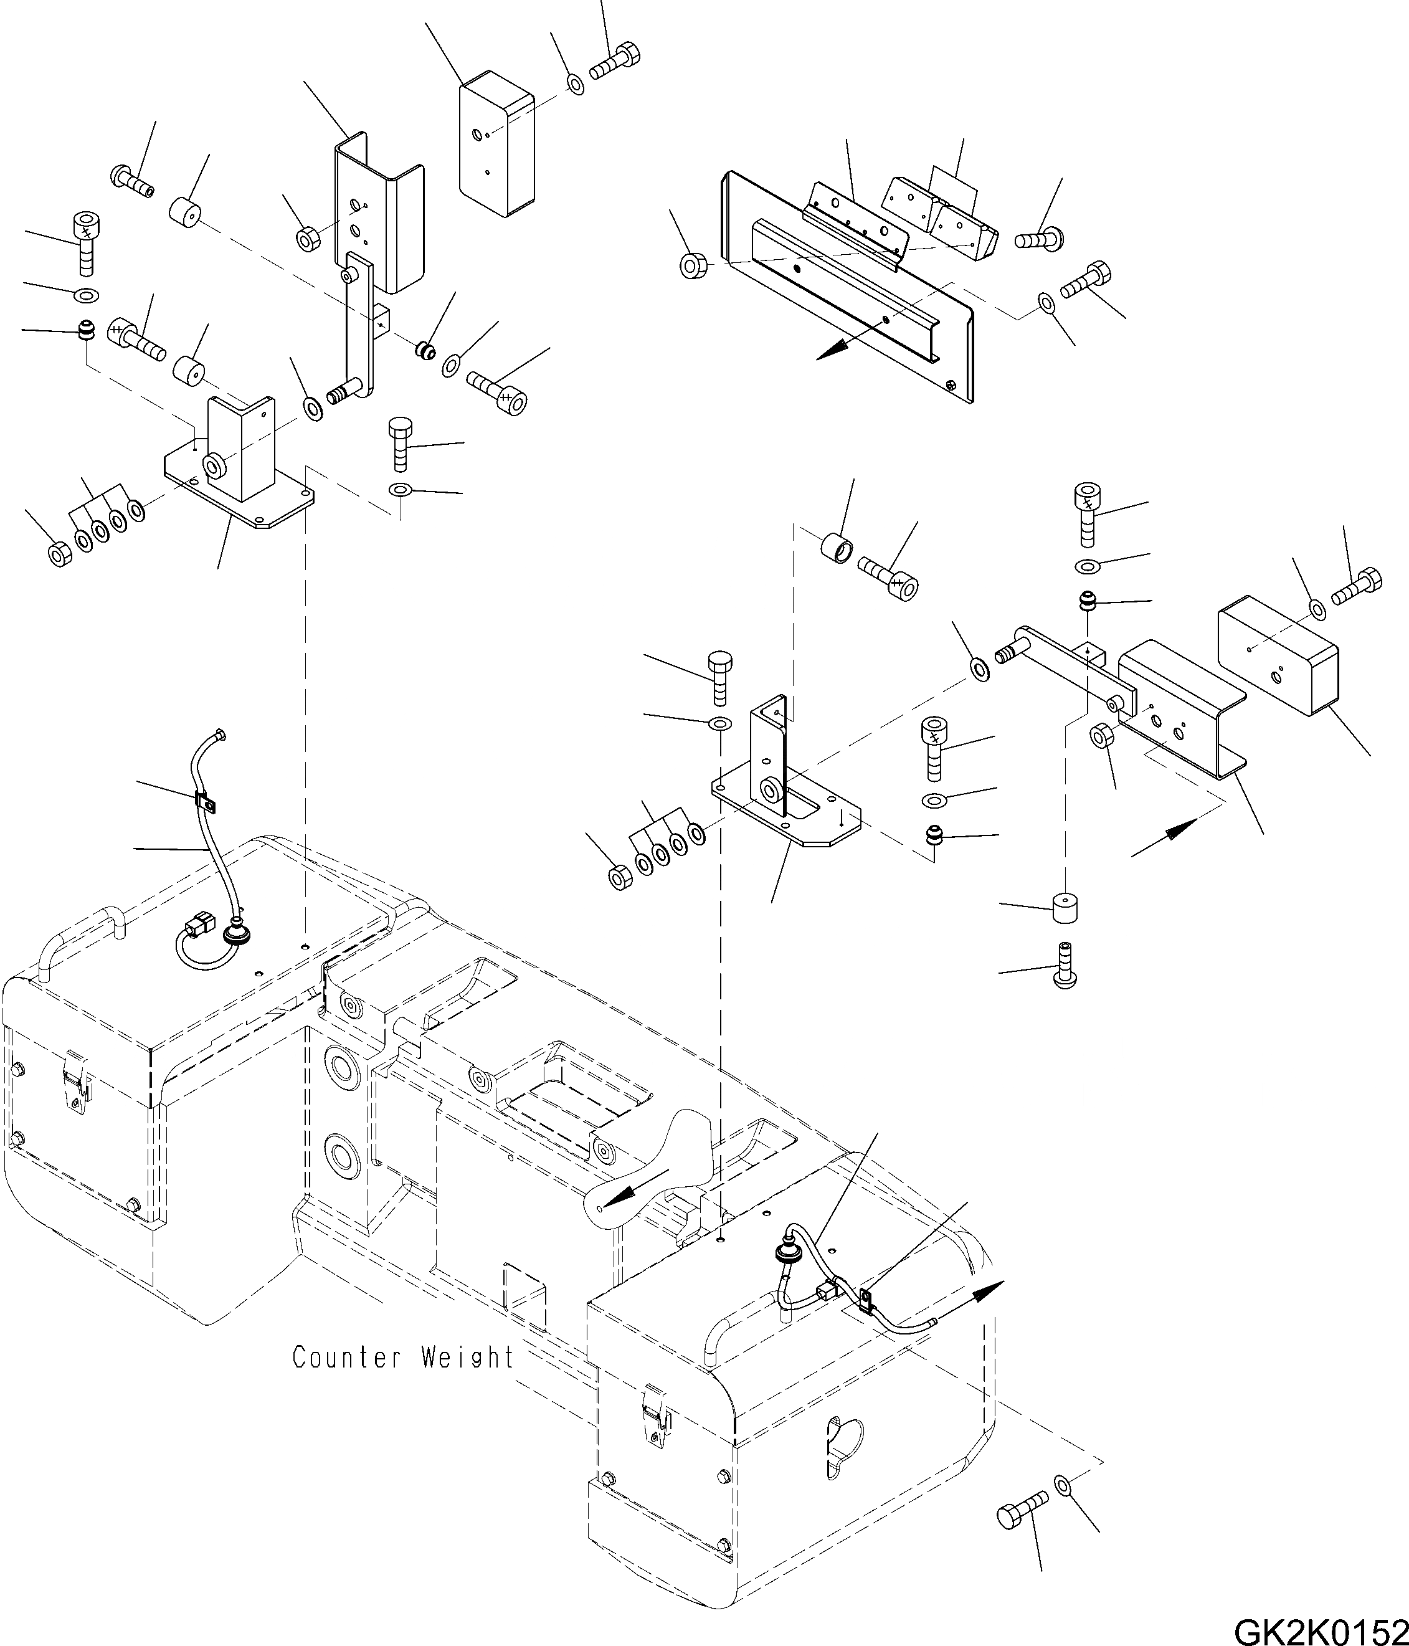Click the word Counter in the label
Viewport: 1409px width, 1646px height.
click(x=344, y=1357)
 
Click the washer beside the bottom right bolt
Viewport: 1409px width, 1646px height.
click(x=1063, y=1483)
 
